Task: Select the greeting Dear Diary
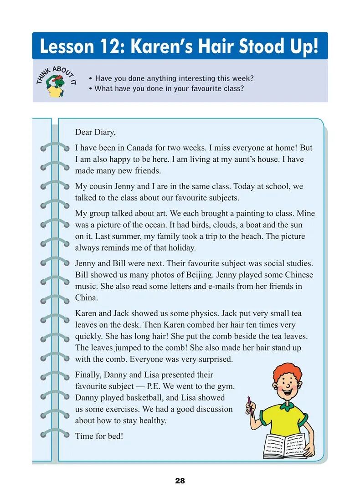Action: coord(95,132)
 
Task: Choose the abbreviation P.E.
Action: coord(155,386)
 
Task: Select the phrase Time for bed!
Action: coord(99,436)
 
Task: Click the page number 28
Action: coord(180,481)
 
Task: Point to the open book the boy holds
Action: coord(285,446)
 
